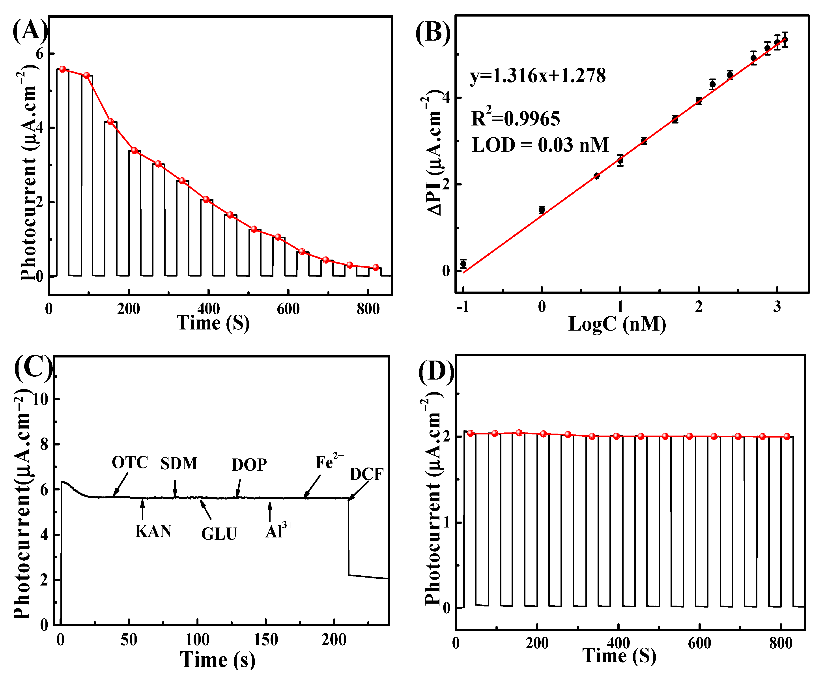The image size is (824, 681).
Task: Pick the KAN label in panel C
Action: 153,531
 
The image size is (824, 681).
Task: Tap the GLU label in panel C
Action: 219,533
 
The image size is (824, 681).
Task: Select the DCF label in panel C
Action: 366,474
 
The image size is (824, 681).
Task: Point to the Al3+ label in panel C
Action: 278,531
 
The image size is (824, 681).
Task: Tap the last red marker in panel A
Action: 375,267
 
